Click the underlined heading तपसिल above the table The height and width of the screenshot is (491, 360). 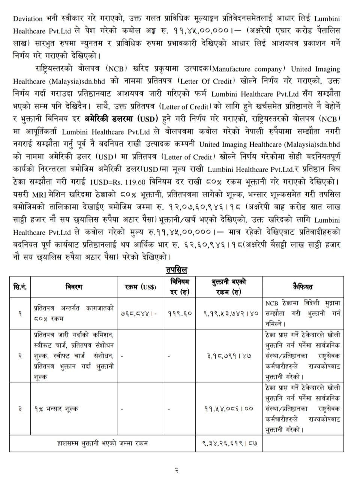176,270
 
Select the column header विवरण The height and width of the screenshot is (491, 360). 73,287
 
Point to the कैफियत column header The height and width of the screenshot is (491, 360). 302,287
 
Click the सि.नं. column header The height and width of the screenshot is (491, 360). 20,287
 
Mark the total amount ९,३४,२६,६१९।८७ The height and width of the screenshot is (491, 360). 229,443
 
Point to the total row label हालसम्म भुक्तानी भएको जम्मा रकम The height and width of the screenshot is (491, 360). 102,443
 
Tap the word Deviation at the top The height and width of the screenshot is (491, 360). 27,18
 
